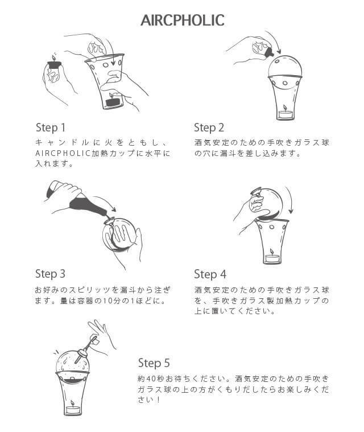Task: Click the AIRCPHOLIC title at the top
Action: click(x=182, y=20)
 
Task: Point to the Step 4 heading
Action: click(x=209, y=275)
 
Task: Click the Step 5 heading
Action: click(x=154, y=363)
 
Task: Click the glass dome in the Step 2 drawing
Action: click(x=285, y=67)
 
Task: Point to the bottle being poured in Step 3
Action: click(x=77, y=200)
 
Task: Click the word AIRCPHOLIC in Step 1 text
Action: click(x=62, y=154)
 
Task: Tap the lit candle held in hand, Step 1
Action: click(x=55, y=67)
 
